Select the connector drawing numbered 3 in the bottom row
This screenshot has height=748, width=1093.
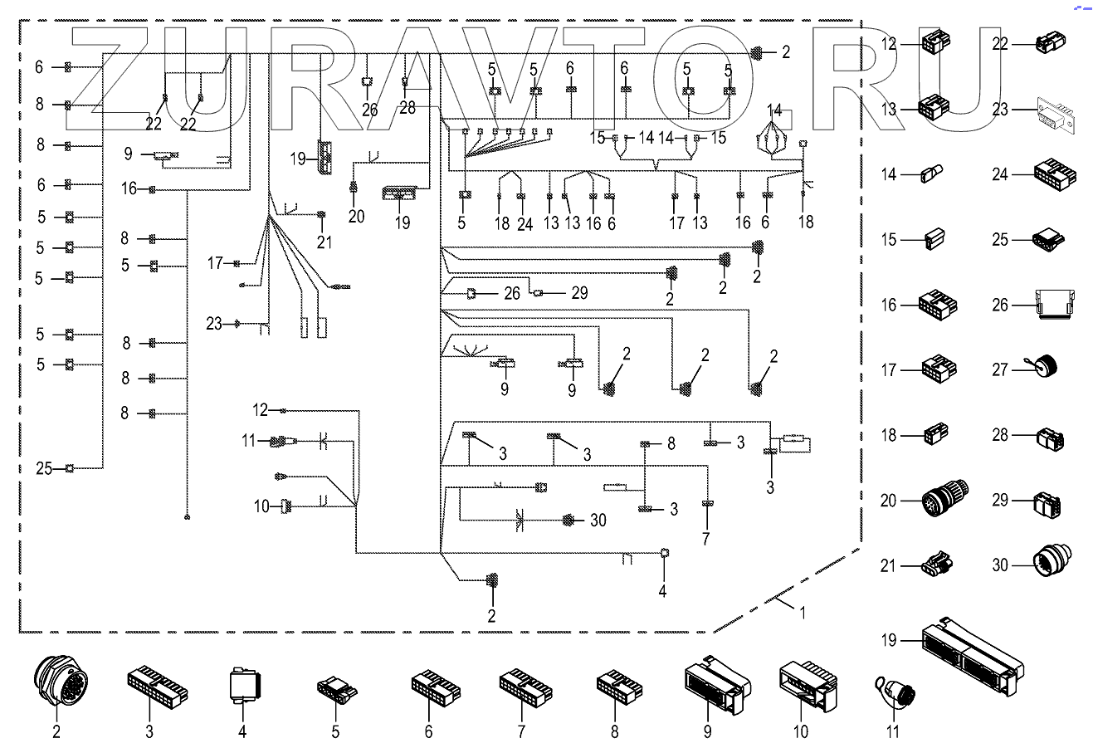click(158, 685)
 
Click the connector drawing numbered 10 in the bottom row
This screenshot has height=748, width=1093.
click(806, 686)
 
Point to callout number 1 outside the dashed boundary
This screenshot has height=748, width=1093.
click(802, 614)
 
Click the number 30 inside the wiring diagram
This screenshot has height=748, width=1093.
click(598, 521)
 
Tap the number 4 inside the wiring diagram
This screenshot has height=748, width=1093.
click(662, 592)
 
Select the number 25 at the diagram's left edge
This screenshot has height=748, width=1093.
click(46, 468)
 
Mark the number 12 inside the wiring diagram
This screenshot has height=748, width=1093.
click(261, 410)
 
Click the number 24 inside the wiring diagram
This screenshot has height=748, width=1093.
click(525, 222)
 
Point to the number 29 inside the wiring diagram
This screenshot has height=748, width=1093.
click(579, 292)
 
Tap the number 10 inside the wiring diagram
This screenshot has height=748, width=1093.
click(261, 506)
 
